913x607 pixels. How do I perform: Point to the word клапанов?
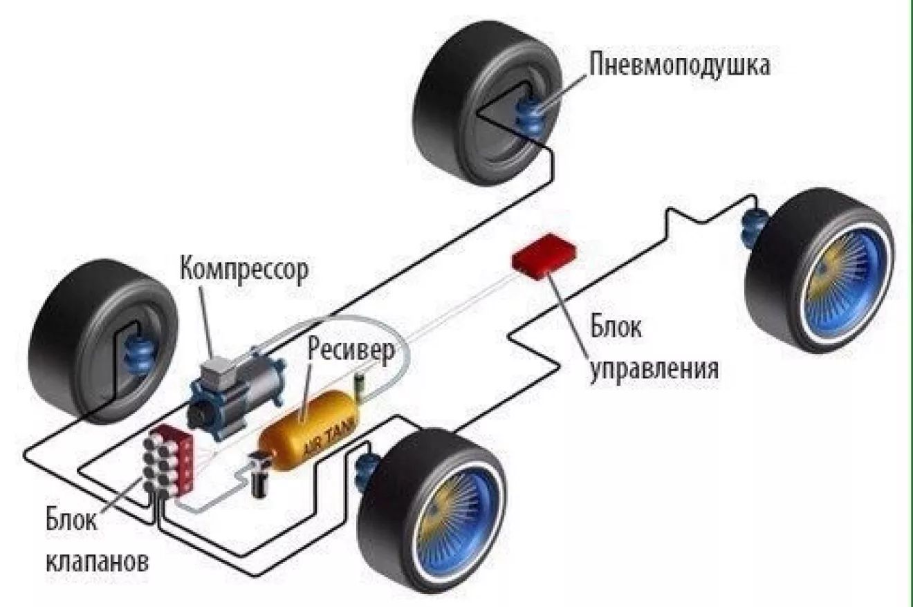coord(98,559)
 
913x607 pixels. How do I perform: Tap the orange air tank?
coord(311,429)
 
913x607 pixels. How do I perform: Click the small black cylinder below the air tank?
coord(260,478)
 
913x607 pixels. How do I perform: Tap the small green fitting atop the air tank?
coord(359,384)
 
